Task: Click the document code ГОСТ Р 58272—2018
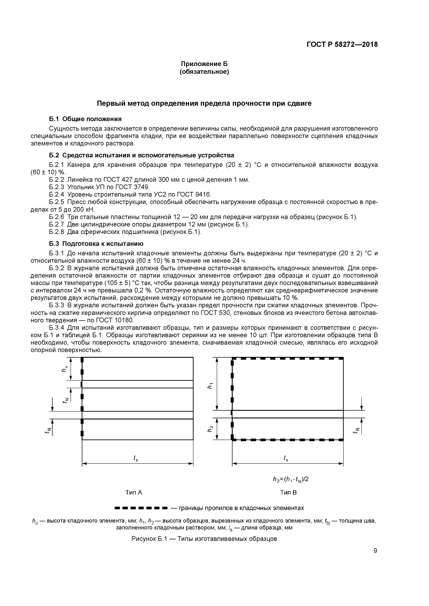coord(342,44)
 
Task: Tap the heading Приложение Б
coord(204,64)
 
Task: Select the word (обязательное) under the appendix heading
coord(204,72)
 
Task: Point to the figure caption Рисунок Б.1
coord(204,539)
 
